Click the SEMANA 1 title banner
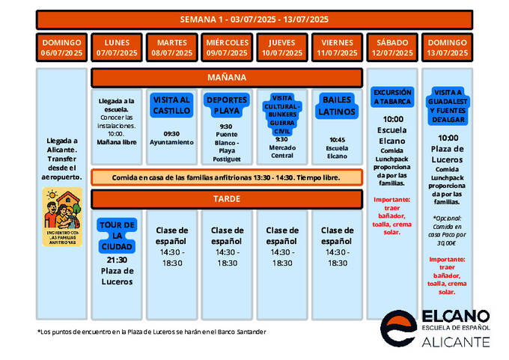point(254,19)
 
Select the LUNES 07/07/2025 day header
point(117,48)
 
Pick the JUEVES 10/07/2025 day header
point(282,48)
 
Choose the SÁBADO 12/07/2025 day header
point(392,48)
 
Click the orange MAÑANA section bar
point(227,78)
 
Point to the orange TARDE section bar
point(227,199)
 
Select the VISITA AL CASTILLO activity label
point(171,105)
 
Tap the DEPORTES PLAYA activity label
point(227,106)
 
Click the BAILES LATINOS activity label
point(337,106)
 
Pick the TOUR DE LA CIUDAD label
point(117,236)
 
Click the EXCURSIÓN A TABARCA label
point(392,97)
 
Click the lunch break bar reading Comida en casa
point(227,177)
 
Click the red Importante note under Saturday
point(392,216)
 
